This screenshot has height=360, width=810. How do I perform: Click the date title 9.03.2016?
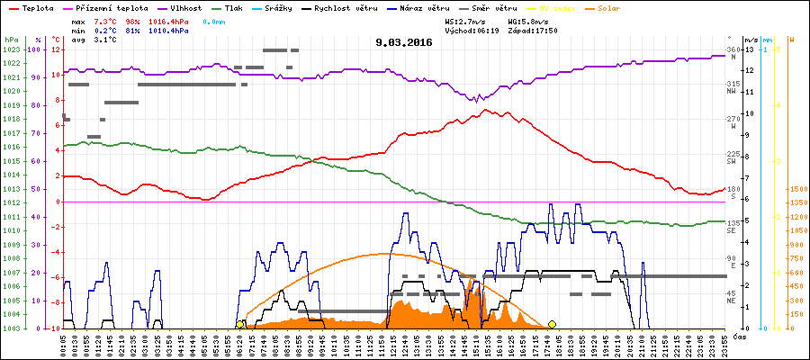click(404, 42)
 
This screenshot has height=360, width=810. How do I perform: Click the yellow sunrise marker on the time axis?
click(240, 324)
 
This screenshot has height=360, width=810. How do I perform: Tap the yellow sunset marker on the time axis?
click(552, 324)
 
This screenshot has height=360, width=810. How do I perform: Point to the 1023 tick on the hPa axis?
click(11, 49)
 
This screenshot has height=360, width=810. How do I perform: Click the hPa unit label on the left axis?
click(11, 40)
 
